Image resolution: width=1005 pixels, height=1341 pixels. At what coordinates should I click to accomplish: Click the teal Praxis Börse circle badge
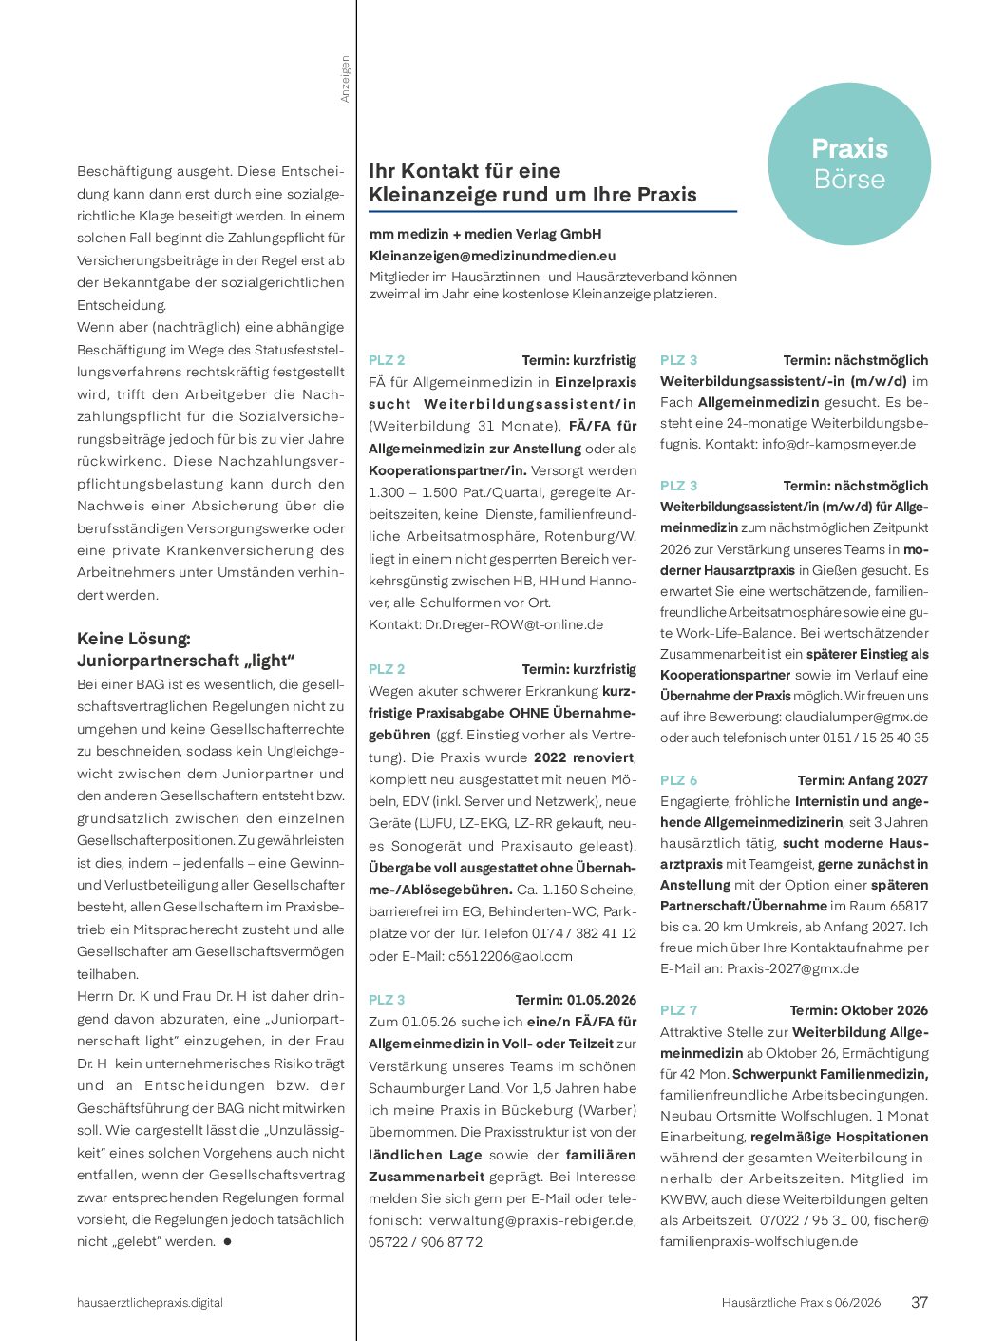click(x=849, y=164)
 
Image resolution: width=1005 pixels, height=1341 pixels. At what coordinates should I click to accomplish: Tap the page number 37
click(x=920, y=1302)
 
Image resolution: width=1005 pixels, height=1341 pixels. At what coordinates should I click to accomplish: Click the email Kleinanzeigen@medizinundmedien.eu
click(x=492, y=256)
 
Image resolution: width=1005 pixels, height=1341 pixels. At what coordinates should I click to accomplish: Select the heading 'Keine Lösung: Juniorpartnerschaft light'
click(x=186, y=649)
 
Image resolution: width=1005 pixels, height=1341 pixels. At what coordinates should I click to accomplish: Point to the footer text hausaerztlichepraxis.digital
click(x=150, y=1303)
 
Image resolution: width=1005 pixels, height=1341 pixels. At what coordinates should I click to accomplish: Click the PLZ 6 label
click(x=678, y=780)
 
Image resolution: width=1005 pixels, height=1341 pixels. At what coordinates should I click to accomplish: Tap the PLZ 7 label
click(x=678, y=1010)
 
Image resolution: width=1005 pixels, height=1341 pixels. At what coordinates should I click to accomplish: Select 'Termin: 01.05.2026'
click(x=576, y=1000)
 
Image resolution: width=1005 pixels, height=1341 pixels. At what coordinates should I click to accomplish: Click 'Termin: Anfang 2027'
click(x=863, y=780)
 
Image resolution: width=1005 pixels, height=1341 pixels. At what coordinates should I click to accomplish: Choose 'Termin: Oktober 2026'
click(x=859, y=1010)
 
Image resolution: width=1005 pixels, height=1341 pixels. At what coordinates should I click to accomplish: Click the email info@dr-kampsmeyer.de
click(x=839, y=444)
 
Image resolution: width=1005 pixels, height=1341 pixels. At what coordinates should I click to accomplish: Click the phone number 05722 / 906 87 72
click(x=426, y=1242)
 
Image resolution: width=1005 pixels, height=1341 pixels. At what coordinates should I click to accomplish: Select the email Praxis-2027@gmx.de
click(x=792, y=968)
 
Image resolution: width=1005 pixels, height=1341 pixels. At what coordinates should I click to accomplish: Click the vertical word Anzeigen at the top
click(x=345, y=79)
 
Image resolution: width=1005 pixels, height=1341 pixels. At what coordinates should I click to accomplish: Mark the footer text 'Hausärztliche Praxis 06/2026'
click(x=801, y=1303)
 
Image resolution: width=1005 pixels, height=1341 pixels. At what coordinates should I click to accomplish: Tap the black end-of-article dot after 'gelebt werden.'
click(x=227, y=1241)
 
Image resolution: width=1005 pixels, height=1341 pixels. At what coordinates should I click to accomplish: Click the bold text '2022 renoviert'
click(x=583, y=757)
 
